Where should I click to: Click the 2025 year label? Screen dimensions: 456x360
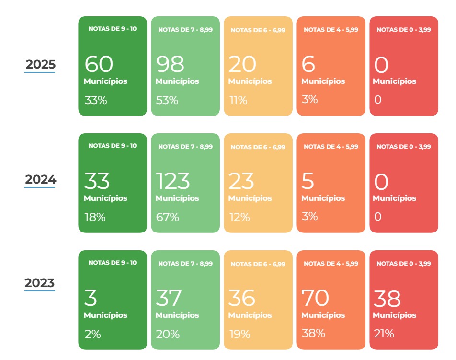pos(40,64)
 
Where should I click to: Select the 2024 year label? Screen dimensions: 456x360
pos(40,179)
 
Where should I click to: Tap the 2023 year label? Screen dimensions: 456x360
pos(40,283)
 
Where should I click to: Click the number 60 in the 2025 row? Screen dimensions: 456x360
pos(99,64)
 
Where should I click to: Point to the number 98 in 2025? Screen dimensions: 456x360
pos(170,64)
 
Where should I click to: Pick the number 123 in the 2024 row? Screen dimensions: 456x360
pos(173,181)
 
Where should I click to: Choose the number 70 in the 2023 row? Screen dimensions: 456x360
pos(315,298)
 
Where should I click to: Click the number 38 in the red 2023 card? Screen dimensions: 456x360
pos(387,298)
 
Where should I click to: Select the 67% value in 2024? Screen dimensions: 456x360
pos(168,217)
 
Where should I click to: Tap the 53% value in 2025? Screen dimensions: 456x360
pos(167,100)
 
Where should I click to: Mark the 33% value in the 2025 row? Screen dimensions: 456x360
pos(96,100)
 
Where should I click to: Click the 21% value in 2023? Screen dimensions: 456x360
pos(384,334)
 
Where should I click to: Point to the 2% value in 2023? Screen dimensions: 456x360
pos(92,334)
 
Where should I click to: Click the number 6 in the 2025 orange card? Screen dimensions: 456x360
pos(308,64)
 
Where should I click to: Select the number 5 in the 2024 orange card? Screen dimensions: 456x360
pos(308,181)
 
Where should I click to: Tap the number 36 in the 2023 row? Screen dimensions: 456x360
pos(242,298)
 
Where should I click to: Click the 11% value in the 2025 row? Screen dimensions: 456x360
pos(238,100)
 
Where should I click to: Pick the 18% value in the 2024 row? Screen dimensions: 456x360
pos(95,217)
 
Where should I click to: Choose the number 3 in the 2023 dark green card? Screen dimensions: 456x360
pos(91,298)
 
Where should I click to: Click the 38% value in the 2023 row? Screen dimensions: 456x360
pos(313,333)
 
